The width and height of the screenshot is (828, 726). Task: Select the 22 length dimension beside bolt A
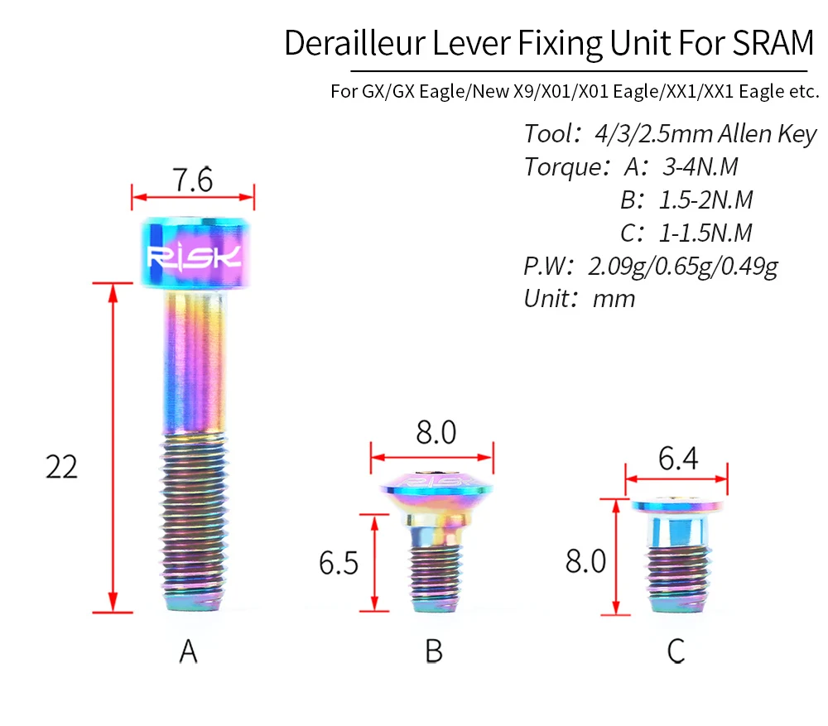click(x=61, y=467)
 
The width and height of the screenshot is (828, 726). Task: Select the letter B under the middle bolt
click(x=434, y=651)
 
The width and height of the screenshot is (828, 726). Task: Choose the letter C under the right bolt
click(x=676, y=651)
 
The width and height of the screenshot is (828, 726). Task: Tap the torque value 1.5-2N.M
click(x=705, y=200)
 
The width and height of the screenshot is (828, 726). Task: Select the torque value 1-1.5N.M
click(x=705, y=233)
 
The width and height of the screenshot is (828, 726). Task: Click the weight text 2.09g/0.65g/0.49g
click(x=682, y=267)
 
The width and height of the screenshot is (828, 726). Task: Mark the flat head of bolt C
click(x=676, y=504)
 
